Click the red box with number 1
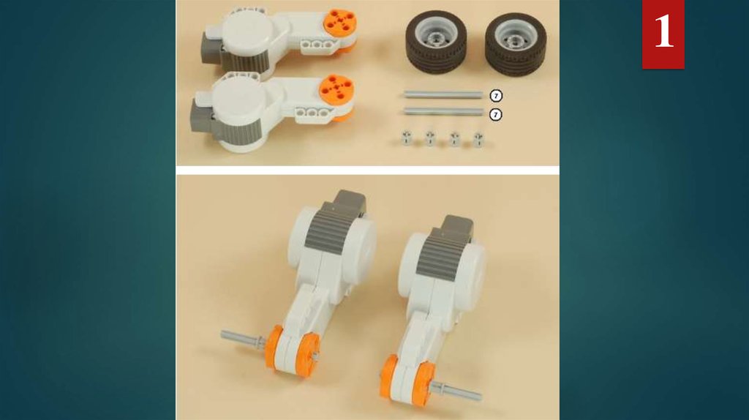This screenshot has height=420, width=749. click(x=663, y=34)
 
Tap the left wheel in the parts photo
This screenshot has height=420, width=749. click(x=437, y=42)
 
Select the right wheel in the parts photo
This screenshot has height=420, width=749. click(x=516, y=43)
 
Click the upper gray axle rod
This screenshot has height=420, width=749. click(x=443, y=94)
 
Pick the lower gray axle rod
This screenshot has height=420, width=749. click(x=443, y=111)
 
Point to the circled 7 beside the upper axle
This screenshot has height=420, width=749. click(x=496, y=96)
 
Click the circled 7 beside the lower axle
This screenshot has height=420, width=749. click(x=496, y=115)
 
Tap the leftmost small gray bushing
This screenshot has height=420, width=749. click(x=406, y=138)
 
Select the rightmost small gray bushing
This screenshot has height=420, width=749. click(x=478, y=139)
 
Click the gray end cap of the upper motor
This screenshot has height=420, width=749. click(x=212, y=48)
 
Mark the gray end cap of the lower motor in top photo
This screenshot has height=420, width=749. click(x=201, y=115)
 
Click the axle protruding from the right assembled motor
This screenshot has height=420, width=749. click(x=456, y=391)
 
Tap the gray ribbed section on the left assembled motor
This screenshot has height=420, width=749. click(x=334, y=228)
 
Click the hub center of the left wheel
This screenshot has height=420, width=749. click(x=435, y=38)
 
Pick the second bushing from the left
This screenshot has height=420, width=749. click(x=430, y=138)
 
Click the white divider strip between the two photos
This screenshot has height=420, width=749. click(x=367, y=170)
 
